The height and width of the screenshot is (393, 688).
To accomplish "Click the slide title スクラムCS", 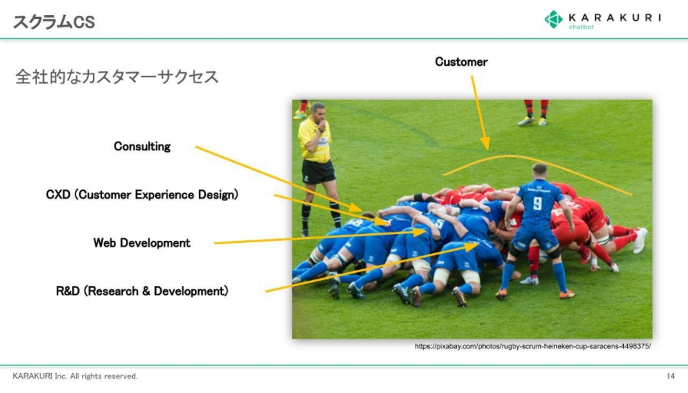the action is point(54,22).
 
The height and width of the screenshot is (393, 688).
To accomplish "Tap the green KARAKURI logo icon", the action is point(553,19).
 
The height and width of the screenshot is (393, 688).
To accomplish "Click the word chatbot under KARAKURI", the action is point(581,27).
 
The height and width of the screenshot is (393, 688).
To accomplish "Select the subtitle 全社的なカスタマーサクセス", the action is point(117,77).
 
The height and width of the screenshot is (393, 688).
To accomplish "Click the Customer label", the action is point(461,62).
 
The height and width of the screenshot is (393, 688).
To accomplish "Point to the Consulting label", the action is point(142,146).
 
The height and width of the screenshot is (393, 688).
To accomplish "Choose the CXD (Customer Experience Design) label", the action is point(142,195).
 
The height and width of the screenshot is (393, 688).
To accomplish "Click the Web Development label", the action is point(141,243).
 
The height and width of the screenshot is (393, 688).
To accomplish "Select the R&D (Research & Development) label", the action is point(142,291).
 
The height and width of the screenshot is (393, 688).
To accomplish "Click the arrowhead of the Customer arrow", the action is point(485,144).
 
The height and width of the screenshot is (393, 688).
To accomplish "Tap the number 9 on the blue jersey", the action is point(537,204).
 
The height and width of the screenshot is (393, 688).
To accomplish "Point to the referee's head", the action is point(318,112).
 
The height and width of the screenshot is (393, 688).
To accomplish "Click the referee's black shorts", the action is point(318,172).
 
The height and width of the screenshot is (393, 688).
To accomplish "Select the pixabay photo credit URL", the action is point(533,346).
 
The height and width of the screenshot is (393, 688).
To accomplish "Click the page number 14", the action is point(670,376).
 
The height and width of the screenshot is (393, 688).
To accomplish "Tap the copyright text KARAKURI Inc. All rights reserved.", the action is point(75,376).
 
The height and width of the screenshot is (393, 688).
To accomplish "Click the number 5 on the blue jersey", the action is point(440,224).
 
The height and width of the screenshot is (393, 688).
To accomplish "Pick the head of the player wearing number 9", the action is point(539,172).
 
